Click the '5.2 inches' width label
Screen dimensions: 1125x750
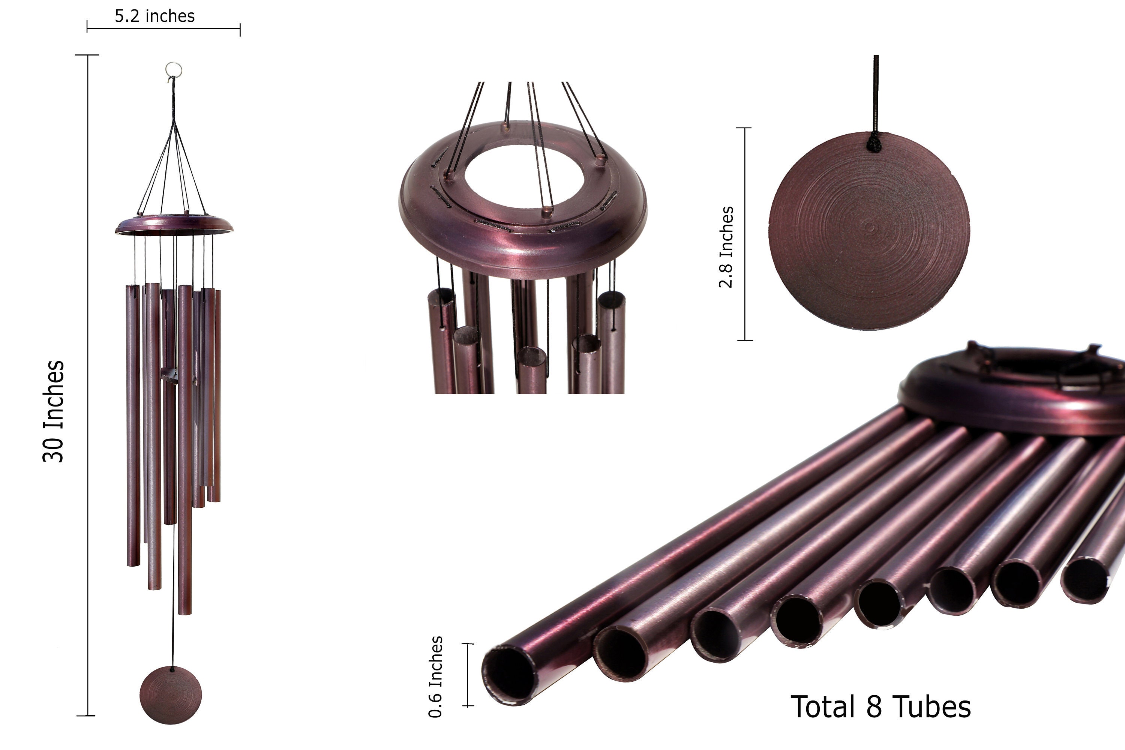tap(154, 16)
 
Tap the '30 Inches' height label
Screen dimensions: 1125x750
tap(54, 412)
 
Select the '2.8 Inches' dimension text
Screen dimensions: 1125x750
tap(726, 247)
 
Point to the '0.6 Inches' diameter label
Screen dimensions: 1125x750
tap(435, 677)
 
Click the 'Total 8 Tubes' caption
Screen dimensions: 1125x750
tap(880, 706)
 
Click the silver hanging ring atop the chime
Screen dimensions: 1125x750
tap(174, 69)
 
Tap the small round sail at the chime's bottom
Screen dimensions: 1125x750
tap(171, 695)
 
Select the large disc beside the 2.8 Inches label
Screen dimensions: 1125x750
tap(869, 231)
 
